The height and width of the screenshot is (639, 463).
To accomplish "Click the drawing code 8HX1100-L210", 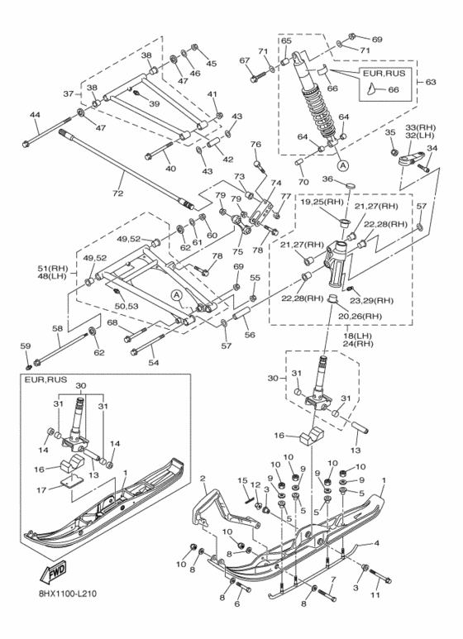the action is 64,594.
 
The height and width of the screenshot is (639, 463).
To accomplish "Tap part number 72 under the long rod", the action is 117,193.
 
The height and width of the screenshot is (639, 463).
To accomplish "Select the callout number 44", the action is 35,116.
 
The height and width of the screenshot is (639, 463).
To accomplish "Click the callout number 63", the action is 431,82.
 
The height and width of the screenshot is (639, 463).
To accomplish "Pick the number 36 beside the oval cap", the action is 328,179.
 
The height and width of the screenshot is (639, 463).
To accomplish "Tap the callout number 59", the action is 26,346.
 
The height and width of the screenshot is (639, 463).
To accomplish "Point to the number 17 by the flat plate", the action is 41,490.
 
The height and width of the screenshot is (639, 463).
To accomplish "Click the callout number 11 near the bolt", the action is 375,594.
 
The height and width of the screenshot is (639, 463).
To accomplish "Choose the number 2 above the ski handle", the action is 203,478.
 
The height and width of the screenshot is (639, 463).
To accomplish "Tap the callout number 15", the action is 242,481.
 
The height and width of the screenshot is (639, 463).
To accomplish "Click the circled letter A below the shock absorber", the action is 343,165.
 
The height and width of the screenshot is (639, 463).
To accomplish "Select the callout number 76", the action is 255,145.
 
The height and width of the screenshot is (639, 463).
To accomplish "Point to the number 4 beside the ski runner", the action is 376,543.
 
